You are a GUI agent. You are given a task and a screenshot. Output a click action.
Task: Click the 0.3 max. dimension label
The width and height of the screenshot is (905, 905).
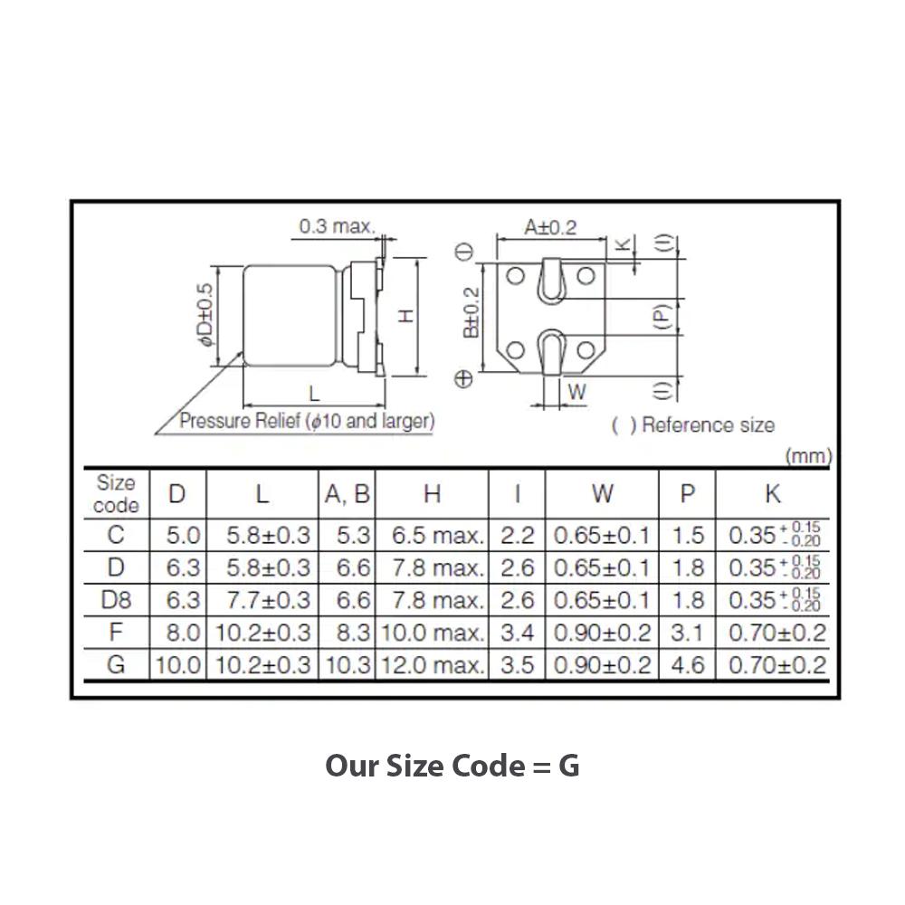click(337, 226)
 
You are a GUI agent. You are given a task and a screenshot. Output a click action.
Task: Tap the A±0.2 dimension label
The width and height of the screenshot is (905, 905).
click(550, 227)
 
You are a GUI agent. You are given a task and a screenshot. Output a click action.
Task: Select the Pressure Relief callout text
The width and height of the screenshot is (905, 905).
click(307, 421)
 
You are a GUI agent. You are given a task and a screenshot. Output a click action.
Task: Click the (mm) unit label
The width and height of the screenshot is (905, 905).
click(808, 455)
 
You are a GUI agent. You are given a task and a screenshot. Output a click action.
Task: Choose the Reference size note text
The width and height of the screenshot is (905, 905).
click(693, 424)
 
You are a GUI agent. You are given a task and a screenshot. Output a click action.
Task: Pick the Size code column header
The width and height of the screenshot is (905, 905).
click(116, 494)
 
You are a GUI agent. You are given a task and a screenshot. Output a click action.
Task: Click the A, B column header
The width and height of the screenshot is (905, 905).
click(347, 494)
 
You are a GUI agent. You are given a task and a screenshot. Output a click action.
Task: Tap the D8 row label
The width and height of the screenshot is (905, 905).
click(116, 600)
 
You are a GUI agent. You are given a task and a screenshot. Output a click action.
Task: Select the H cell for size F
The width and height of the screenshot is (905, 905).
click(432, 633)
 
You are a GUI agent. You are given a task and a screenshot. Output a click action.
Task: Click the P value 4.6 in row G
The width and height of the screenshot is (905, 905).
click(688, 665)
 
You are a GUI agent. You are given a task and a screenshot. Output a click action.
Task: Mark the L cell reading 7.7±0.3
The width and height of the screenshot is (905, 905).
click(262, 600)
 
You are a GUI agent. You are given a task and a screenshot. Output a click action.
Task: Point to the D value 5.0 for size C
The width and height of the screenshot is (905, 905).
click(182, 535)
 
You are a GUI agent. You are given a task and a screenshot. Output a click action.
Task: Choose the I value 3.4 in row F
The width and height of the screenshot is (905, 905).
click(517, 633)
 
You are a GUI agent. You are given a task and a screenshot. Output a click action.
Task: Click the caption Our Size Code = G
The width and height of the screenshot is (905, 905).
click(452, 766)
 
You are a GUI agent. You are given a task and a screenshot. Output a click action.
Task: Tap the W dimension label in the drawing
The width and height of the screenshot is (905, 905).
click(576, 393)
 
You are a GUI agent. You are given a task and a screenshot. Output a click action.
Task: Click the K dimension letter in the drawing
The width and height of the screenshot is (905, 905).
click(622, 243)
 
